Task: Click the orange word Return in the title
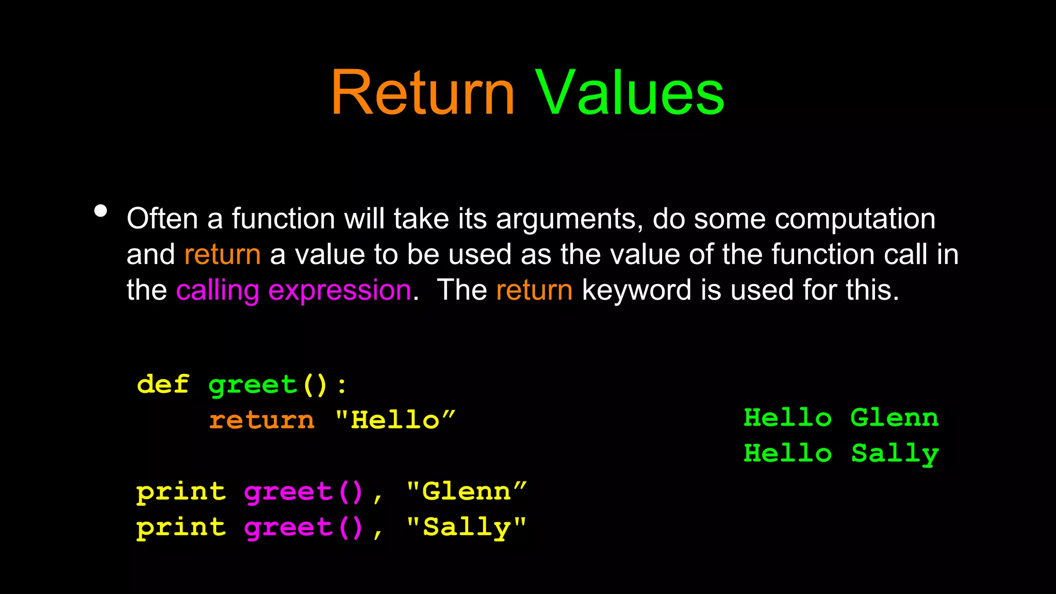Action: tap(423, 94)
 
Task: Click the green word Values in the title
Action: tap(630, 94)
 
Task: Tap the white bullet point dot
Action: tap(101, 211)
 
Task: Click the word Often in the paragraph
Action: tap(162, 219)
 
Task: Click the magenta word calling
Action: tap(218, 291)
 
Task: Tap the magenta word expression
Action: tap(340, 291)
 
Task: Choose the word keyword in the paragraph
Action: tap(636, 290)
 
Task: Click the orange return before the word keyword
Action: tap(534, 290)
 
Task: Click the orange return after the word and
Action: tap(222, 255)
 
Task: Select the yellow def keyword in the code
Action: tap(163, 384)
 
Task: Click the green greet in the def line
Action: tap(253, 385)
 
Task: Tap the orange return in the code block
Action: tap(262, 420)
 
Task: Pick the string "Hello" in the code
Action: tap(395, 419)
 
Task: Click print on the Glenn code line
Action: tap(181, 491)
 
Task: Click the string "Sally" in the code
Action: tap(467, 527)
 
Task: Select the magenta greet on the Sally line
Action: tap(289, 527)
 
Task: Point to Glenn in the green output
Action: tap(895, 417)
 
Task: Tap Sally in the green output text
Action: tap(895, 454)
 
